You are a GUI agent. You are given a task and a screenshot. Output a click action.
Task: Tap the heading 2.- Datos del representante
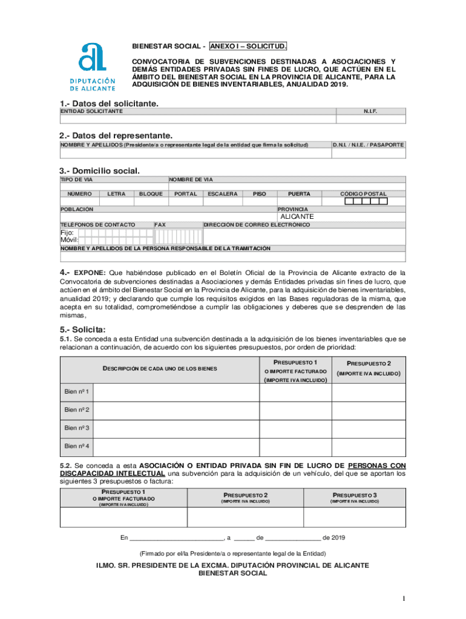click(116, 135)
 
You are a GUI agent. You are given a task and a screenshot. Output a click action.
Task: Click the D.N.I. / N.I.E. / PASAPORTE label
click(369, 145)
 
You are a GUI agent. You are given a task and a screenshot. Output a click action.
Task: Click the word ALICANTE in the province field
click(297, 216)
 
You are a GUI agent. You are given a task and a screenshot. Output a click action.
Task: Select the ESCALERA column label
click(222, 194)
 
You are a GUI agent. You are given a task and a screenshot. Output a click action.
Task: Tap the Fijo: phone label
click(67, 232)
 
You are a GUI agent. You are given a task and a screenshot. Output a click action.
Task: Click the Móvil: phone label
click(69, 240)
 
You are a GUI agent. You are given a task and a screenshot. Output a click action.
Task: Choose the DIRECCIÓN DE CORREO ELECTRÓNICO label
click(257, 224)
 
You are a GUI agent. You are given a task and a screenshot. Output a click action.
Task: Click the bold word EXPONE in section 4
click(90, 273)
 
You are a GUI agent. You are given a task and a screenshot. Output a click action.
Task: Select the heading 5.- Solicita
click(82, 329)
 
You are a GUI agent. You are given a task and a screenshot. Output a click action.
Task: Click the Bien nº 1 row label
click(77, 392)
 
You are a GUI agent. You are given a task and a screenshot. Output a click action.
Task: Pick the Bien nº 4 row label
click(77, 446)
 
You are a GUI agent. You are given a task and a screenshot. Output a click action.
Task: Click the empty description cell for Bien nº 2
click(177, 410)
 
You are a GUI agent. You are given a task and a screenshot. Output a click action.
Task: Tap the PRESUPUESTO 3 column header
click(354, 494)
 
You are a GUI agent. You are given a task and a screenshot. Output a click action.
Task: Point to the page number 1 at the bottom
click(402, 598)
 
